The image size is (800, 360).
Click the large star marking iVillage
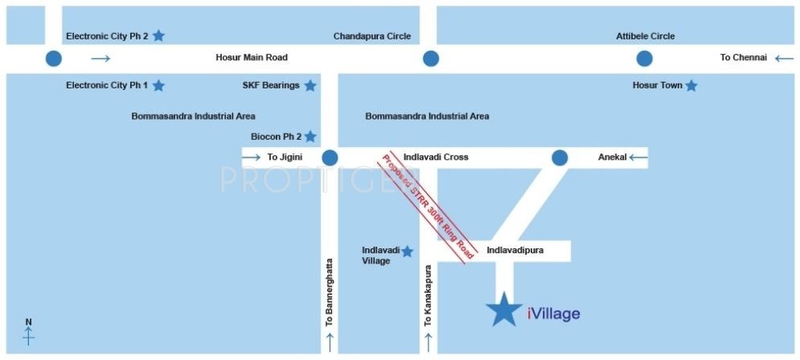(x=504, y=309)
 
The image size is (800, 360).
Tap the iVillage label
(x=553, y=313)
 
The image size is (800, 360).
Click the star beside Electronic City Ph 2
(x=159, y=35)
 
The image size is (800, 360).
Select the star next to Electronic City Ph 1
(x=159, y=85)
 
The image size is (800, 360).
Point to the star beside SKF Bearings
(x=310, y=85)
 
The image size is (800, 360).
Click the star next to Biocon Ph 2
(x=310, y=137)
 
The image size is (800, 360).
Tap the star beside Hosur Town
(x=691, y=85)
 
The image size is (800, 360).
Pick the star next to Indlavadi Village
(x=408, y=252)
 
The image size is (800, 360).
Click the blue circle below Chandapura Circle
(x=431, y=58)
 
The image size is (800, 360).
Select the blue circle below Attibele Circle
(x=645, y=58)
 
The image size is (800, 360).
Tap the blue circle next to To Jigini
(x=330, y=157)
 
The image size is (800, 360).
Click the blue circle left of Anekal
(x=560, y=157)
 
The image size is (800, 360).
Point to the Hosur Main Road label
(x=252, y=58)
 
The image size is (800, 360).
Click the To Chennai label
(x=744, y=58)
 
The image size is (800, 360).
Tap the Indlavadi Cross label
(x=436, y=157)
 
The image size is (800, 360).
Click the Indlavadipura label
(x=515, y=251)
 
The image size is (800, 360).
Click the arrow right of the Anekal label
(x=638, y=157)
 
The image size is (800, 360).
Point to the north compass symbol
(x=29, y=333)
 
